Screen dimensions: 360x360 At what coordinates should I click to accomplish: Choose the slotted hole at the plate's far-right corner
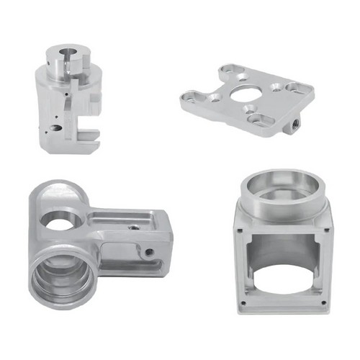click(296, 88)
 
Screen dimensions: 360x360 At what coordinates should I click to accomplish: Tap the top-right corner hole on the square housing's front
click(328, 230)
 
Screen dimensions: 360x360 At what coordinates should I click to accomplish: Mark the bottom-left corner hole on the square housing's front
click(242, 303)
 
